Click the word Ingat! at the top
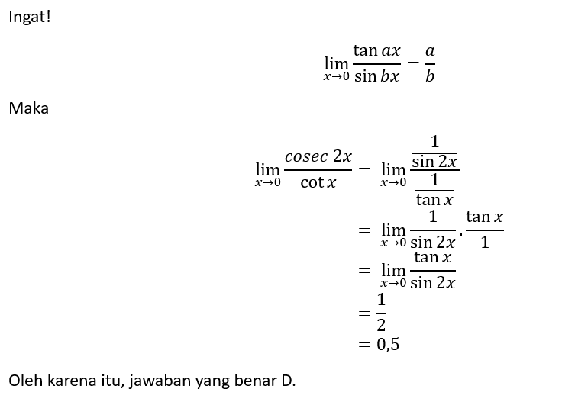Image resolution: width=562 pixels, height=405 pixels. pyautogui.click(x=29, y=17)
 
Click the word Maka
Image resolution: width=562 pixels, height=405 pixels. pyautogui.click(x=29, y=108)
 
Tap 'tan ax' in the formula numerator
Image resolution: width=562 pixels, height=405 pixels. pyautogui.click(x=376, y=50)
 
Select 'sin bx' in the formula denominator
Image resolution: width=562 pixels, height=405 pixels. pyautogui.click(x=376, y=76)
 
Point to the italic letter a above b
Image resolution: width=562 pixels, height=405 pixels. pyautogui.click(x=430, y=51)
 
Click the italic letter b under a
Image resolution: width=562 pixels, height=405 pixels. pyautogui.click(x=430, y=76)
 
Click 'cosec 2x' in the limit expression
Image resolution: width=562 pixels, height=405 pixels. pyautogui.click(x=318, y=156)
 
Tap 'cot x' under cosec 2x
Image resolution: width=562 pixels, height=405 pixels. pyautogui.click(x=318, y=182)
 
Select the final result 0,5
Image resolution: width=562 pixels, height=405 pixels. pyautogui.click(x=388, y=344)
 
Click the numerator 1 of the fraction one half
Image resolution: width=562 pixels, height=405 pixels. pyautogui.click(x=381, y=299)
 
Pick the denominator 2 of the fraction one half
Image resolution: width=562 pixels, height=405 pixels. pyautogui.click(x=381, y=325)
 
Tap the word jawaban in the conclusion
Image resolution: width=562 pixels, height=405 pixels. pyautogui.click(x=160, y=381)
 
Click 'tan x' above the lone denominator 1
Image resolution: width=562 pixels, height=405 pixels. pyautogui.click(x=485, y=217)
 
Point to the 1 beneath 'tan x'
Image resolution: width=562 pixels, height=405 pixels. pyautogui.click(x=485, y=243)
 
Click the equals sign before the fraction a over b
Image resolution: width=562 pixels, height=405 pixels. pyautogui.click(x=413, y=64)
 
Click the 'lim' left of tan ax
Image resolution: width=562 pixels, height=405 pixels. pyautogui.click(x=336, y=64)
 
